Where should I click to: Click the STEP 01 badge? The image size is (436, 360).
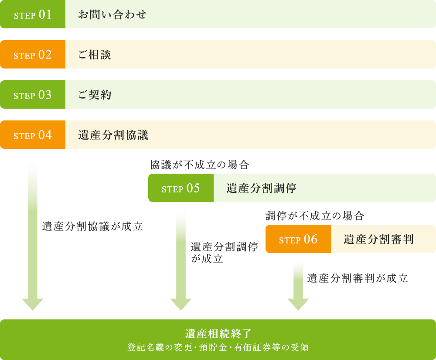[x=33, y=14]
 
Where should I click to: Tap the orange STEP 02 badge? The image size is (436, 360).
[x=33, y=55]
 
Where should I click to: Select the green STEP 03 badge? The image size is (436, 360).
[x=33, y=95]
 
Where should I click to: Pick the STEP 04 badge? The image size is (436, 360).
[x=33, y=135]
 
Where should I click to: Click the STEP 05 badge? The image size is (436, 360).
[x=181, y=188]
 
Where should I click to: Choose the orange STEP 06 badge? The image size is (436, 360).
[x=298, y=239]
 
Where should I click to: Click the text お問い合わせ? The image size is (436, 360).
[x=112, y=14]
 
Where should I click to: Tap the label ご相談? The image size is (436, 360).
[x=95, y=55]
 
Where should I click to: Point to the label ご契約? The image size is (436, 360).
[x=95, y=95]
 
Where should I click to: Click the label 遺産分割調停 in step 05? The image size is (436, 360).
[x=262, y=188]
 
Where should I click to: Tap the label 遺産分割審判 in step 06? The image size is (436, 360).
[x=378, y=239]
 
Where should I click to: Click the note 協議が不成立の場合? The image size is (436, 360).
[x=199, y=165]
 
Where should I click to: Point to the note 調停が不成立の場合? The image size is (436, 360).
[x=315, y=216]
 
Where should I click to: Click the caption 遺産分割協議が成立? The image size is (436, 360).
[x=92, y=226]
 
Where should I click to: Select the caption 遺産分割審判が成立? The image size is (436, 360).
[x=358, y=278]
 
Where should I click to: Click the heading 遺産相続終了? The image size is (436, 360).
[x=218, y=334]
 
